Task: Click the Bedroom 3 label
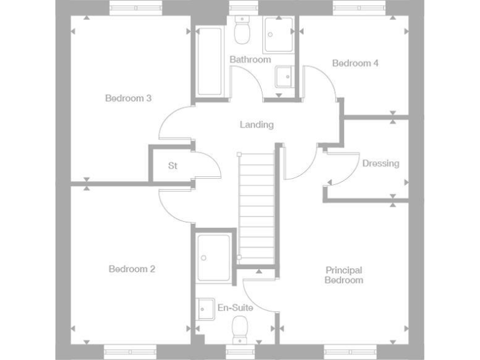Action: pyautogui.click(x=128, y=98)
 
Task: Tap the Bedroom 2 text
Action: pyautogui.click(x=132, y=269)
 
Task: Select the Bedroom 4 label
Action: pyautogui.click(x=355, y=63)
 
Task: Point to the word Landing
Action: pyautogui.click(x=257, y=124)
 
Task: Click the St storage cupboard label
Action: pyautogui.click(x=173, y=166)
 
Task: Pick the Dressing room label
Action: pyautogui.click(x=381, y=164)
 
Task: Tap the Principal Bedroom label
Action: pyautogui.click(x=344, y=275)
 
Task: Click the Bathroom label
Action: pyautogui.click(x=250, y=59)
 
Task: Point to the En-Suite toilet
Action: pyautogui.click(x=241, y=328)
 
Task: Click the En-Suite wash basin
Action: pyautogui.click(x=204, y=309)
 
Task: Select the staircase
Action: pyautogui.click(x=257, y=206)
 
